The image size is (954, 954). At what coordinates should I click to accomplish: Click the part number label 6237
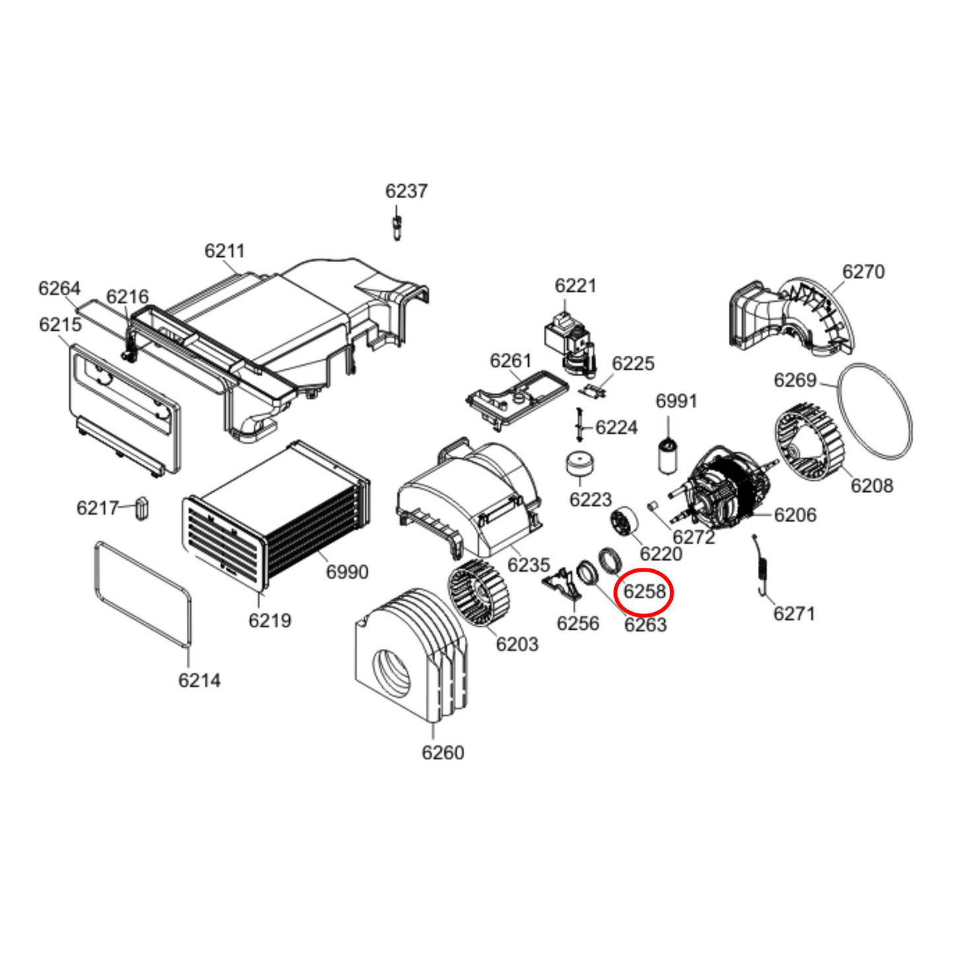point(406,191)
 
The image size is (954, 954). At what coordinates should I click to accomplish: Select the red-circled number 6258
point(644,591)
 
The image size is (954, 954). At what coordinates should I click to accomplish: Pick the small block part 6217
point(142,508)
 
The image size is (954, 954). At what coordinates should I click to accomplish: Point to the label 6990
point(347,571)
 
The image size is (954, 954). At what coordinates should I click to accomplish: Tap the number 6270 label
point(863,271)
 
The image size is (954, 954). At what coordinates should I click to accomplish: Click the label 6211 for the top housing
point(224,251)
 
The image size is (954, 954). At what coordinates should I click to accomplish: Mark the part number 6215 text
point(60,324)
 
